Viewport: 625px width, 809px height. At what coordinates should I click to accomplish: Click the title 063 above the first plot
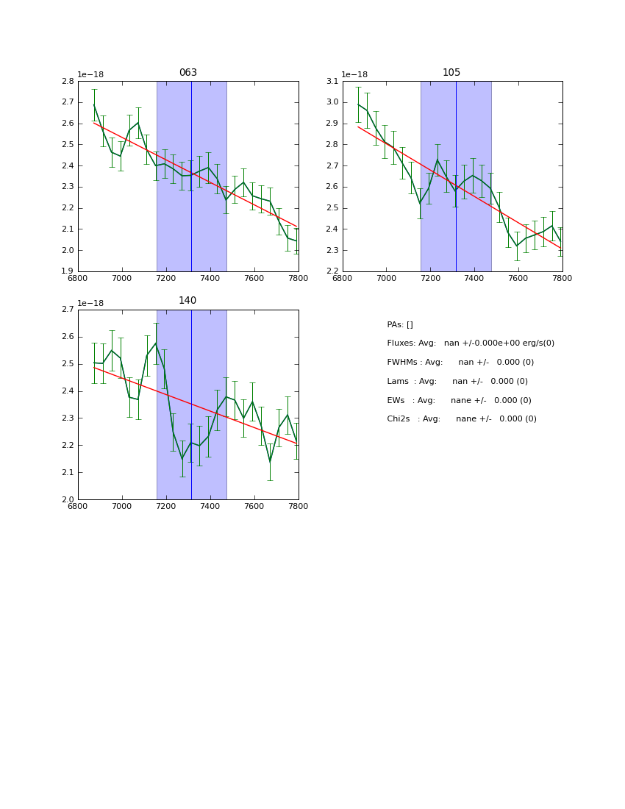click(x=188, y=73)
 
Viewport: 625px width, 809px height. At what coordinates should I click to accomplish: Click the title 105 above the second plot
click(x=451, y=73)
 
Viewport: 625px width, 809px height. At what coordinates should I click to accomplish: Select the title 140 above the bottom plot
click(x=187, y=301)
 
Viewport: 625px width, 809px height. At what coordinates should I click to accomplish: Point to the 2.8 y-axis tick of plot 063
click(x=67, y=82)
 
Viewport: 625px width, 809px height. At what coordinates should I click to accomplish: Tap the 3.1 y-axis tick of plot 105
click(x=331, y=82)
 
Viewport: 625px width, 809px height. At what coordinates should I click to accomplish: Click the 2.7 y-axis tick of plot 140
click(x=67, y=310)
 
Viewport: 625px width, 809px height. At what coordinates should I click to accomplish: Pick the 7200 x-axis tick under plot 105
click(x=430, y=278)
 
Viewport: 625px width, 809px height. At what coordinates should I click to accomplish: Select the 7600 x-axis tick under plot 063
click(x=254, y=278)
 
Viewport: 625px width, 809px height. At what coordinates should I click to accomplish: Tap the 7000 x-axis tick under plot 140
click(x=122, y=506)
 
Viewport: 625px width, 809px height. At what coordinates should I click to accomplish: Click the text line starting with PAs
click(x=400, y=324)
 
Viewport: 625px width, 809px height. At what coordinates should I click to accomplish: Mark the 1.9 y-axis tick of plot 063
click(x=67, y=271)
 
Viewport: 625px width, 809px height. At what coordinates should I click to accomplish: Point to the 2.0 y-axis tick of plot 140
click(x=67, y=499)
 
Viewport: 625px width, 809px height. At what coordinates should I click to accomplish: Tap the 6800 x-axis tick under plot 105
click(x=343, y=278)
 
